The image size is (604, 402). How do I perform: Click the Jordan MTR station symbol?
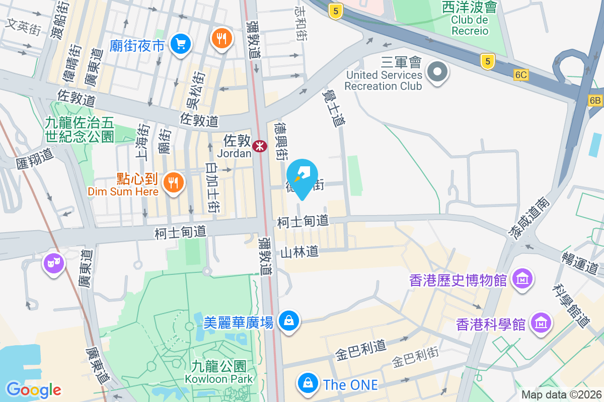(x=260, y=146)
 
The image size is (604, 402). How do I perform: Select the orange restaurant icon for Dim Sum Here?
(x=174, y=182)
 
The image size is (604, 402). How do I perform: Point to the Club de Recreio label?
(x=469, y=25)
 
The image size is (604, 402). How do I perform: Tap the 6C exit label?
(x=521, y=75)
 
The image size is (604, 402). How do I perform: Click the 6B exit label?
(x=595, y=100)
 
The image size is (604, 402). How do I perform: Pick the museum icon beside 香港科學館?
(x=541, y=322)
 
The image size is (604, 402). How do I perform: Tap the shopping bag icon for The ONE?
(x=307, y=383)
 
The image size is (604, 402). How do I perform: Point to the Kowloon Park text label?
(x=218, y=378)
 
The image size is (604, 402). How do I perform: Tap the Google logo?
(x=34, y=389)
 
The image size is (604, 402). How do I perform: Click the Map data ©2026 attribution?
(x=561, y=394)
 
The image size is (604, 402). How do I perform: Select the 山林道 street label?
(x=299, y=252)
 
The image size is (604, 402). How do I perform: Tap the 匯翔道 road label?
(x=35, y=157)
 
